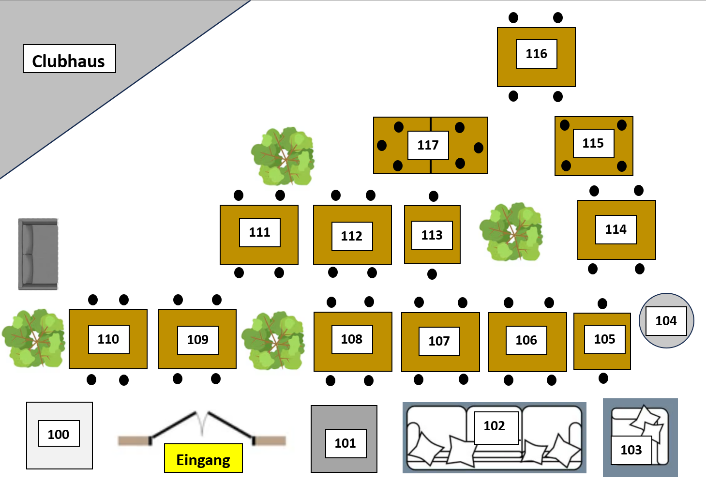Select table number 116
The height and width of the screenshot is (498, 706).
536,54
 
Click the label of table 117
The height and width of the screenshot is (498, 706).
428,145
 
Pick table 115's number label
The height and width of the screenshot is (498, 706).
593,143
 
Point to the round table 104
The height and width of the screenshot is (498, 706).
666,320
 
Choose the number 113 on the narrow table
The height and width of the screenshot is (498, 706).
432,235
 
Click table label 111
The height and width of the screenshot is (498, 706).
260,232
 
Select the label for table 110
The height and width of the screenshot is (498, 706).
108,339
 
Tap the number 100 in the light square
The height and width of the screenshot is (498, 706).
59,434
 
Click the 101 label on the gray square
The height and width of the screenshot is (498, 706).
345,443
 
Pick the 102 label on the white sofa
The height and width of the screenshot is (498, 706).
495,426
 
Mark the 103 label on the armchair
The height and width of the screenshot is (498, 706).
631,450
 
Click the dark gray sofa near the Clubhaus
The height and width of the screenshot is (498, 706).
38,254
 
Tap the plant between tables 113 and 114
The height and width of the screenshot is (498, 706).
511,232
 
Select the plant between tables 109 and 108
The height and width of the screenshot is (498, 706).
274,340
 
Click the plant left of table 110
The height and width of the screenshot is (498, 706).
33,338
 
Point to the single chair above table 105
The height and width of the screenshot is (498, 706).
602,304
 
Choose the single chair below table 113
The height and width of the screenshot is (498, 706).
432,274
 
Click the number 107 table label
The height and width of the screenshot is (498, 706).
439,341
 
